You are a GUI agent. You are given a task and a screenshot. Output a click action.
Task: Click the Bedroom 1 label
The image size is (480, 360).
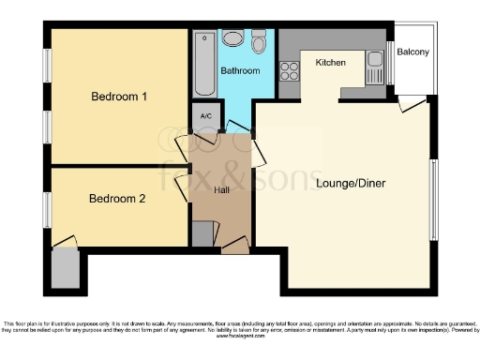(117, 97)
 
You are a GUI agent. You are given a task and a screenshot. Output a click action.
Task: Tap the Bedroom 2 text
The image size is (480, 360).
(117, 199)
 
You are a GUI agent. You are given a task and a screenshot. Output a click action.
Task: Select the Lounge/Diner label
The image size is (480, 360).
(351, 183)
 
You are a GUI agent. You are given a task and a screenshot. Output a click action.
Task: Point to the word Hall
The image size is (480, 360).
(221, 191)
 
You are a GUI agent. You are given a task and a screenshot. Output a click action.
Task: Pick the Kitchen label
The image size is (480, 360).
(331, 63)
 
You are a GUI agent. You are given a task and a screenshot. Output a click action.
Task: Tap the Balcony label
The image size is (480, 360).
(412, 52)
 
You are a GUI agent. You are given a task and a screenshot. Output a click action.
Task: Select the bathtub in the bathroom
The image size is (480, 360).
(204, 66)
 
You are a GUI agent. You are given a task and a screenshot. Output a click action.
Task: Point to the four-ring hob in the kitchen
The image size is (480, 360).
(289, 71)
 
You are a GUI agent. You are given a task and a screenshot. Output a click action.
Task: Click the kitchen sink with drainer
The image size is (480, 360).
(375, 68)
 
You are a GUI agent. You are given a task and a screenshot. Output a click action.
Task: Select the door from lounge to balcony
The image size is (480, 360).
(411, 104)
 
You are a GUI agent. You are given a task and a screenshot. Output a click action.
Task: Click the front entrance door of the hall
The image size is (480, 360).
(234, 246)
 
